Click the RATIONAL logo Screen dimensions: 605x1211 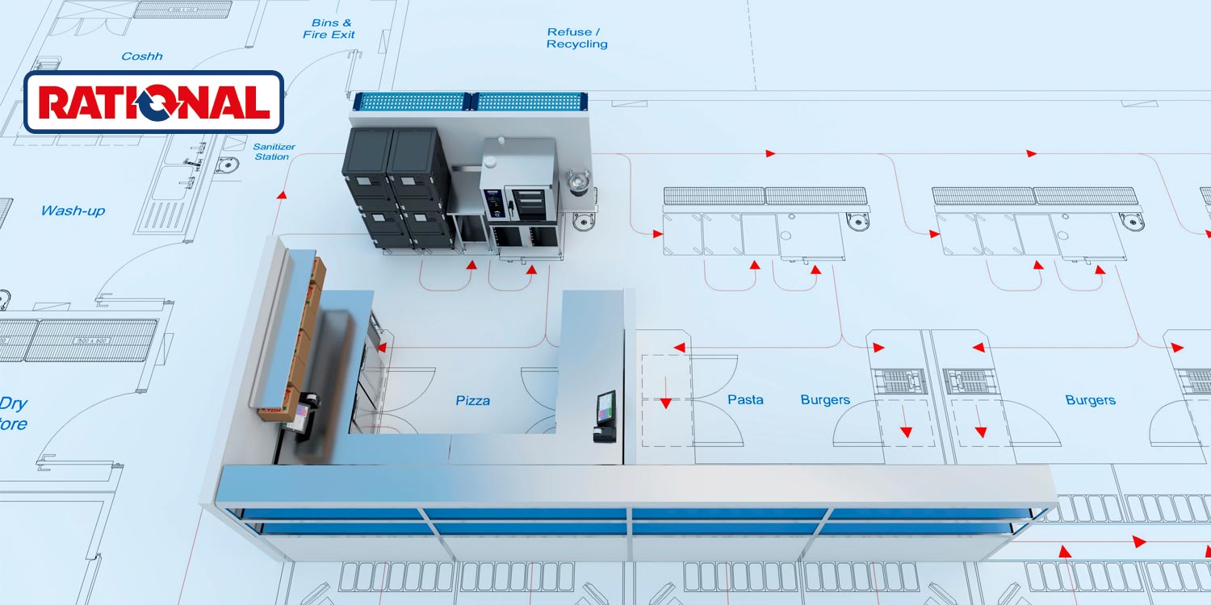tap(153, 102)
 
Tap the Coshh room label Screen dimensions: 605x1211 tap(142, 56)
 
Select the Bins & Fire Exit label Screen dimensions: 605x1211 tap(329, 29)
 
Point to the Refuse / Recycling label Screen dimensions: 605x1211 tap(576, 38)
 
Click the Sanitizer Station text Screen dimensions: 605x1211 tap(274, 152)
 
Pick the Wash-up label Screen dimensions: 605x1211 tap(73, 211)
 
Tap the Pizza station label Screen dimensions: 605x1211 tap(472, 400)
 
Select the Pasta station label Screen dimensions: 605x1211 tap(744, 399)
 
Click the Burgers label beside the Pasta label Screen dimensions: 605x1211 tap(824, 399)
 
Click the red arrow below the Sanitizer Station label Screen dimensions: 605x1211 tap(281, 194)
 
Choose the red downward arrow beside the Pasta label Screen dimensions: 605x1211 tap(665, 402)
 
